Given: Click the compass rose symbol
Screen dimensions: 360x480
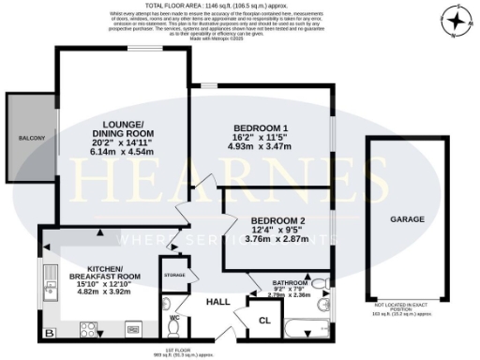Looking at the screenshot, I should [457, 22].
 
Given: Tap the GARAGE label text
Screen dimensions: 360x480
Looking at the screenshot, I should [407, 219].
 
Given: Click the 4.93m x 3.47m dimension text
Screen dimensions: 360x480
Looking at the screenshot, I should [260, 148].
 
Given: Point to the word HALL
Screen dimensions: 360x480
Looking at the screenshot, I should [217, 302].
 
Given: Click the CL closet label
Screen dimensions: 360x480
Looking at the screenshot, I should [264, 319].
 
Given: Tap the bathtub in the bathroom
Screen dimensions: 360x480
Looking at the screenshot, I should [303, 329].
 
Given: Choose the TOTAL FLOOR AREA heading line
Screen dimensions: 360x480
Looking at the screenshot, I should [240, 6].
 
